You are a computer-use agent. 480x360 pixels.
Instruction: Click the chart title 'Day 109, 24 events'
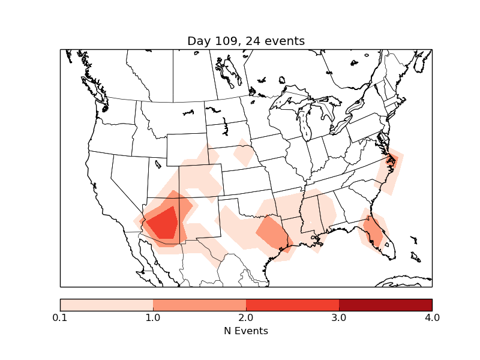tap(246, 41)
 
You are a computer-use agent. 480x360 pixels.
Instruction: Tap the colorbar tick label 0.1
tap(60, 317)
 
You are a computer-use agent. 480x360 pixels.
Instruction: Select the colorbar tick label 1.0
tap(153, 317)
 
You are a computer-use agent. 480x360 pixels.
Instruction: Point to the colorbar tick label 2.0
tap(246, 317)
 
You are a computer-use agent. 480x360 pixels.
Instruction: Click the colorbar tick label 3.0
tap(339, 317)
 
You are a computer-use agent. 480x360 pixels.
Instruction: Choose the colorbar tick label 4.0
tap(431, 317)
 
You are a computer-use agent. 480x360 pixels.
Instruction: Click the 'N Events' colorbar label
tap(246, 331)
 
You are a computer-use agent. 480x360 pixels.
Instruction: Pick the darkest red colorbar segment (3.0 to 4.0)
tap(385, 305)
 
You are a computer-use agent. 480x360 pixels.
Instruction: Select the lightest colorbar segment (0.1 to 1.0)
tap(107, 305)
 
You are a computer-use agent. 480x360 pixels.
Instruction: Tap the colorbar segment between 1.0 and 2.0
tap(199, 305)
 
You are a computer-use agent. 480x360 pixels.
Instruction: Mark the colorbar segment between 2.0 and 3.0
tap(292, 305)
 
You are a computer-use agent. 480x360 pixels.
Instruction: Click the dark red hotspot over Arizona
tap(164, 224)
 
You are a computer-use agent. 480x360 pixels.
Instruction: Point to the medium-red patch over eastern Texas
tap(272, 233)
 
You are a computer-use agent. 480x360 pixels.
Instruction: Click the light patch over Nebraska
tap(244, 154)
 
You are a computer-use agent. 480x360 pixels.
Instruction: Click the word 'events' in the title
tap(284, 41)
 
